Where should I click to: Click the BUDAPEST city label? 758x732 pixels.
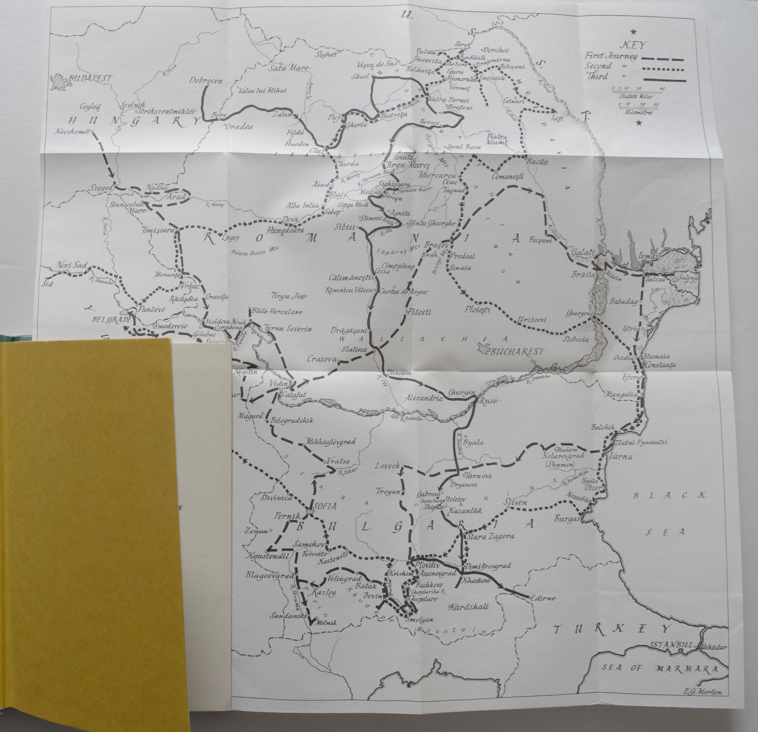pyautogui.click(x=90, y=79)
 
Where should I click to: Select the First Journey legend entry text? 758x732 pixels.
pyautogui.click(x=611, y=56)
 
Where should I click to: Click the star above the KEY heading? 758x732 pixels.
pyautogui.click(x=634, y=32)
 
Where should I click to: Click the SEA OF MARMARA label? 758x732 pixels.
pyautogui.click(x=659, y=668)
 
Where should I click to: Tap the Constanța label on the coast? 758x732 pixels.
pyautogui.click(x=660, y=365)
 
